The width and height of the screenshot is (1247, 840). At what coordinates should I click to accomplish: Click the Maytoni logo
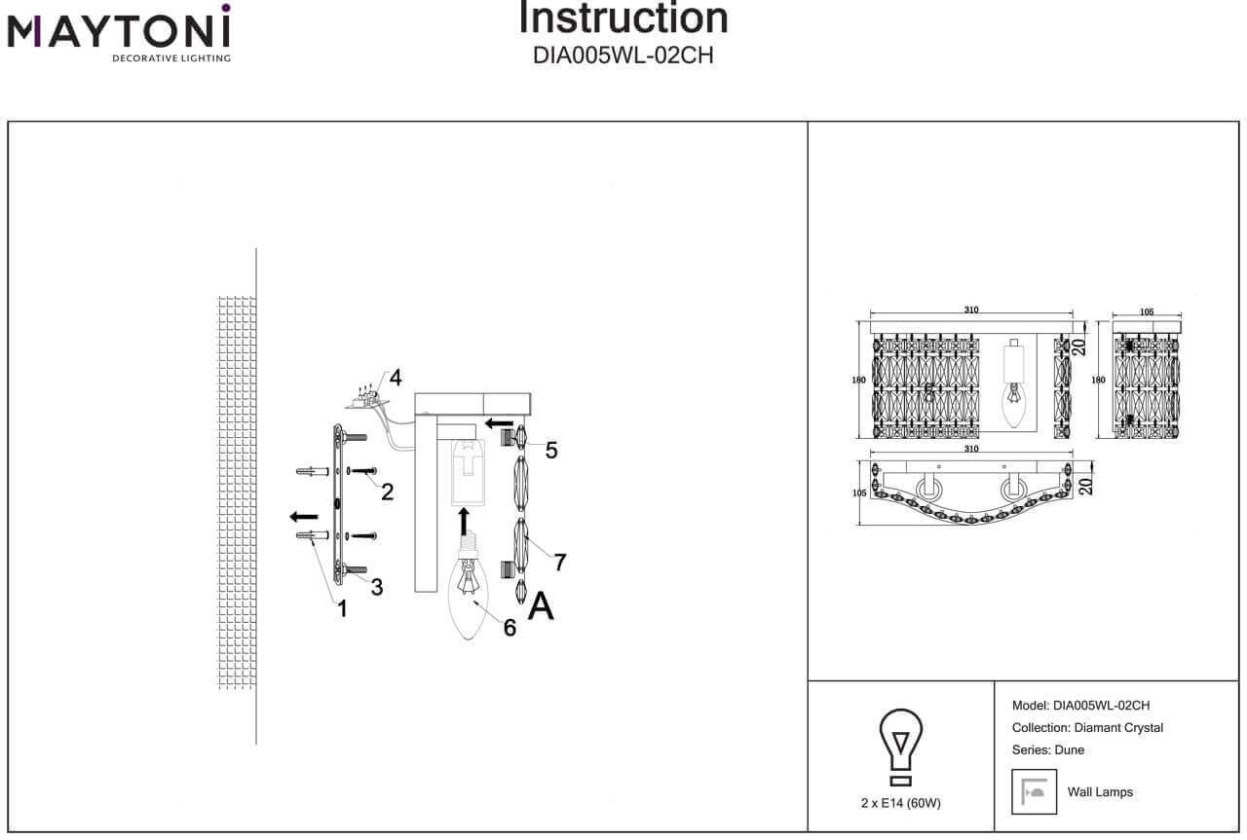point(119,33)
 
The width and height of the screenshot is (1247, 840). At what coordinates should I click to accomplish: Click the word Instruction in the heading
point(623,18)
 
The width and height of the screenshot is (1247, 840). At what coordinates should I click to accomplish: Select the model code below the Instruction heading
point(623,55)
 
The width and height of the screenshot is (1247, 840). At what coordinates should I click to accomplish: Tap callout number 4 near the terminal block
point(395,378)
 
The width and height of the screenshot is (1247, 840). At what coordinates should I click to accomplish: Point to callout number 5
point(551,450)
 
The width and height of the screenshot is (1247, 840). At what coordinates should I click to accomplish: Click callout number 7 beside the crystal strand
point(560,562)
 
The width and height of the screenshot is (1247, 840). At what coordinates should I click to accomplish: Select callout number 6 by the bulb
point(510,628)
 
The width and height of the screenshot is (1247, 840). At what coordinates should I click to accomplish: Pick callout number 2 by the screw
point(387,492)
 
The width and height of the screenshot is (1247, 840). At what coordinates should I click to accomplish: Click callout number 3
point(376,587)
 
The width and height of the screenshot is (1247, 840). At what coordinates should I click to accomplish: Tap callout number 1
point(342,609)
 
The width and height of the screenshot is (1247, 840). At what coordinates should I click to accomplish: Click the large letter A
point(541,605)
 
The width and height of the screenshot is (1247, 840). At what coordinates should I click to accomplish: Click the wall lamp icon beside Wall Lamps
point(1034,791)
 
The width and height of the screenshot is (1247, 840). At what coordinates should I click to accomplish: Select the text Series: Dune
point(1048,750)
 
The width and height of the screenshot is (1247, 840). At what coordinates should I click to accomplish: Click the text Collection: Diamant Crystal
point(1087,728)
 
